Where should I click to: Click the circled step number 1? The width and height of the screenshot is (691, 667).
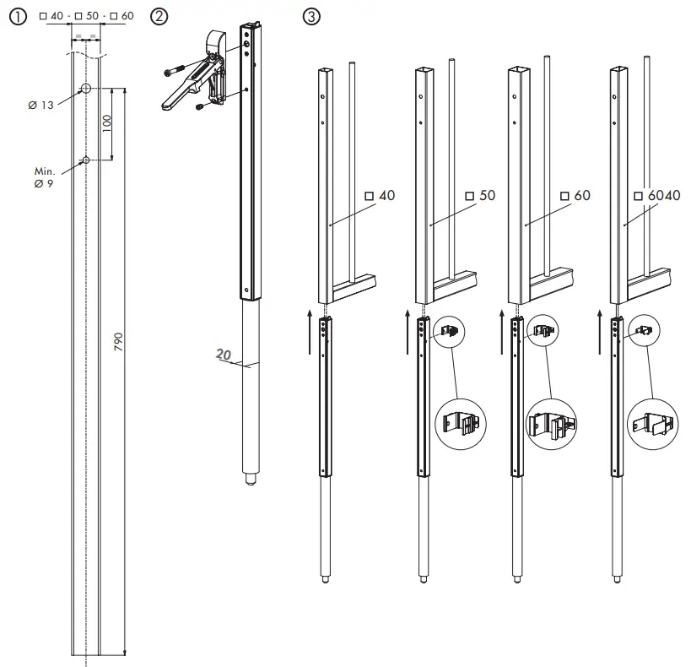tap(16, 17)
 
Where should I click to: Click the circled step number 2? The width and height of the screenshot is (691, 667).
tap(159, 17)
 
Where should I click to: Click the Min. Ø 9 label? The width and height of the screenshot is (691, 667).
tap(44, 176)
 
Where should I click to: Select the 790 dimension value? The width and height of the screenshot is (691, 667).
tap(119, 341)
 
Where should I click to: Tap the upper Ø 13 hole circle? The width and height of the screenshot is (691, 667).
tap(86, 89)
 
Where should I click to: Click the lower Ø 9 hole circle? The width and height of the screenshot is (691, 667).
tap(86, 160)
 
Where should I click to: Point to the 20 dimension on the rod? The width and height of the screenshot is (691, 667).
tap(223, 356)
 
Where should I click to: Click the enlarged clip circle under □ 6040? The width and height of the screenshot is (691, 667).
tap(651, 420)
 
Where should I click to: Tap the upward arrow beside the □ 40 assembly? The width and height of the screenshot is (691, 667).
tap(310, 329)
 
